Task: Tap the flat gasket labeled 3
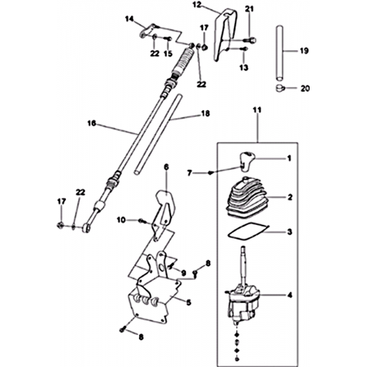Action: point(248,231)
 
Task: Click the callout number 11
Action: point(257,110)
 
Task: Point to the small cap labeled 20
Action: point(281,88)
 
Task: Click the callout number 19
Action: point(304,50)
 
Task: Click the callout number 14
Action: point(129,18)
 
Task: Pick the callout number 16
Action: point(92,123)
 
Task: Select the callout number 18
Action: point(206,113)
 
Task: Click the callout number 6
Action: point(166,167)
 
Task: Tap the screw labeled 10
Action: point(142,221)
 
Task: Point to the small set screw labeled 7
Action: point(210,173)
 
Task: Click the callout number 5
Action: point(189,303)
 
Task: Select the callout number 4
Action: point(290,295)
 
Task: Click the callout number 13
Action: point(244,67)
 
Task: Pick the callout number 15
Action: point(168,54)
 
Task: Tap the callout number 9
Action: point(183,273)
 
